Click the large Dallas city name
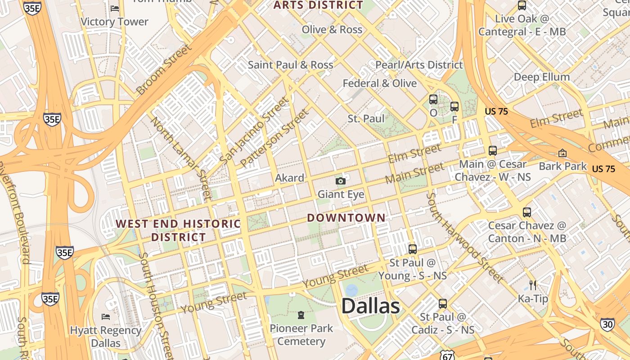370,306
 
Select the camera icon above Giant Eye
341,181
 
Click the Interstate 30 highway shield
607,324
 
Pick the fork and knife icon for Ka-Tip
533,285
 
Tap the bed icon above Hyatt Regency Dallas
106,317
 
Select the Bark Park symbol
562,153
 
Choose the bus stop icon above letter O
433,99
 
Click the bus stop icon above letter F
454,107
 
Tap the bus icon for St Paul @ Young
412,249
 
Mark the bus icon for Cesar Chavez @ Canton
526,212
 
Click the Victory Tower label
114,22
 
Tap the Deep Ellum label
542,77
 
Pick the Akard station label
289,178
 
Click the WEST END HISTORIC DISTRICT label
179,230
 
